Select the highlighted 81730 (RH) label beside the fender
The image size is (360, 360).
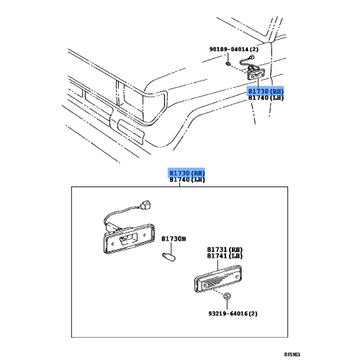click(x=266, y=92)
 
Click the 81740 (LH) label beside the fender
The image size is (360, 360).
click(x=266, y=101)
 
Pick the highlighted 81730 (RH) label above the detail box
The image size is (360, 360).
click(x=186, y=174)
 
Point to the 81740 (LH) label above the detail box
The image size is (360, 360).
click(x=186, y=182)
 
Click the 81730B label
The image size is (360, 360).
click(x=173, y=238)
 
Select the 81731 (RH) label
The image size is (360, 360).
click(x=225, y=248)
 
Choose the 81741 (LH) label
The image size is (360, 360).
click(x=225, y=256)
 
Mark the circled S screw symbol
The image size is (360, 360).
click(x=226, y=297)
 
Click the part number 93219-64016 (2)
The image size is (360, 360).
click(x=227, y=314)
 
